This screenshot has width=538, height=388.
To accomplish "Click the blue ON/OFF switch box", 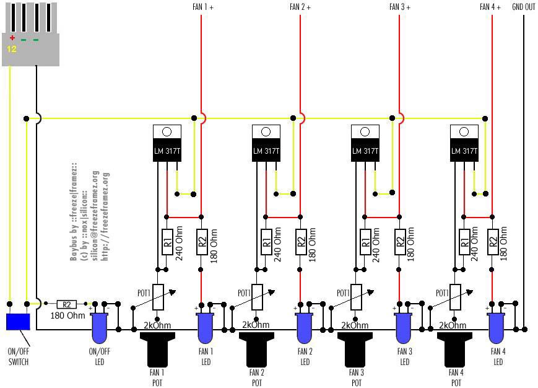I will point(18,322).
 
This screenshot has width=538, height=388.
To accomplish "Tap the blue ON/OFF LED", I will point(99,327).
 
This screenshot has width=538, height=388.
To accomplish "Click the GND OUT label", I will point(524,7).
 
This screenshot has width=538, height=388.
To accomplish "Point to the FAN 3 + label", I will point(400,7).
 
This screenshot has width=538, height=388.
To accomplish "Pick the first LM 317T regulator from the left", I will point(167,144).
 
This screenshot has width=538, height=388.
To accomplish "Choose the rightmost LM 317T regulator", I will point(464,144).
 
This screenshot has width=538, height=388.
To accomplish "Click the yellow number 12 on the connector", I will point(12,48).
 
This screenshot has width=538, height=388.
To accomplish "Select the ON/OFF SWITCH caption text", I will point(18,356).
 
